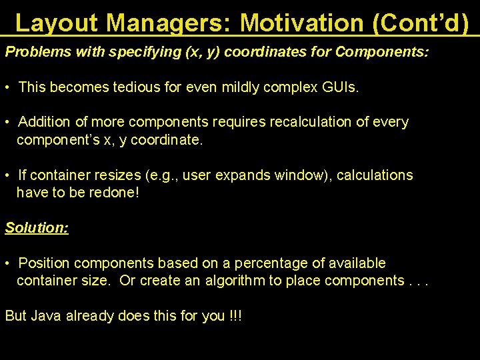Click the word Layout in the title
tap(57, 23)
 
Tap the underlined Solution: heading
tap(37, 227)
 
